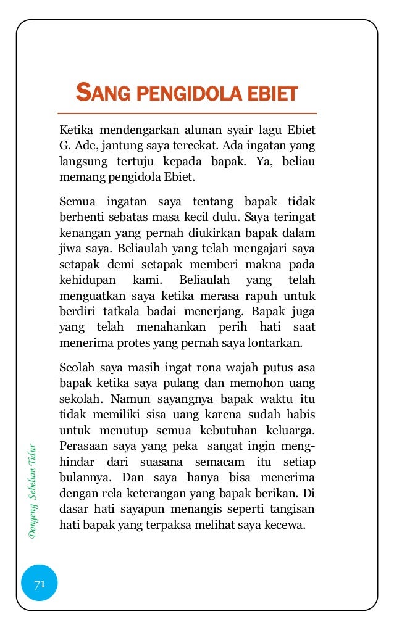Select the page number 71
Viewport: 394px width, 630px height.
pos(40,584)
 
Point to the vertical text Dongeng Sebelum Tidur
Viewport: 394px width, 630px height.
pos(34,488)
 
